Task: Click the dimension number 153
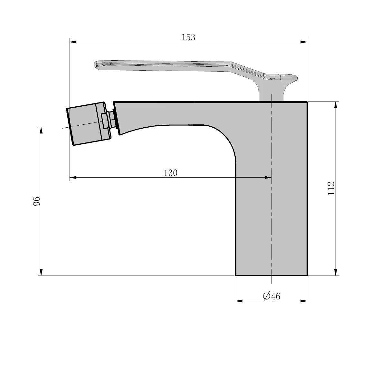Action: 188,37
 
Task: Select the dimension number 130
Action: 171,173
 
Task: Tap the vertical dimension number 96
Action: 37,201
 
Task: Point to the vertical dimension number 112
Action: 331,188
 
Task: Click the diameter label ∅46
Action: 271,296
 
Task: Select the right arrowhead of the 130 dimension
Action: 268,177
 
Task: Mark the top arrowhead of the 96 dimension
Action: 41,130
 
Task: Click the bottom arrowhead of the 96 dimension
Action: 41,272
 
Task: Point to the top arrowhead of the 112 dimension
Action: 336,105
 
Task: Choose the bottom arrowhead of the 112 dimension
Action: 336,272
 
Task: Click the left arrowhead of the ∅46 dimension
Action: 239,301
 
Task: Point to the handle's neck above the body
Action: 271,94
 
